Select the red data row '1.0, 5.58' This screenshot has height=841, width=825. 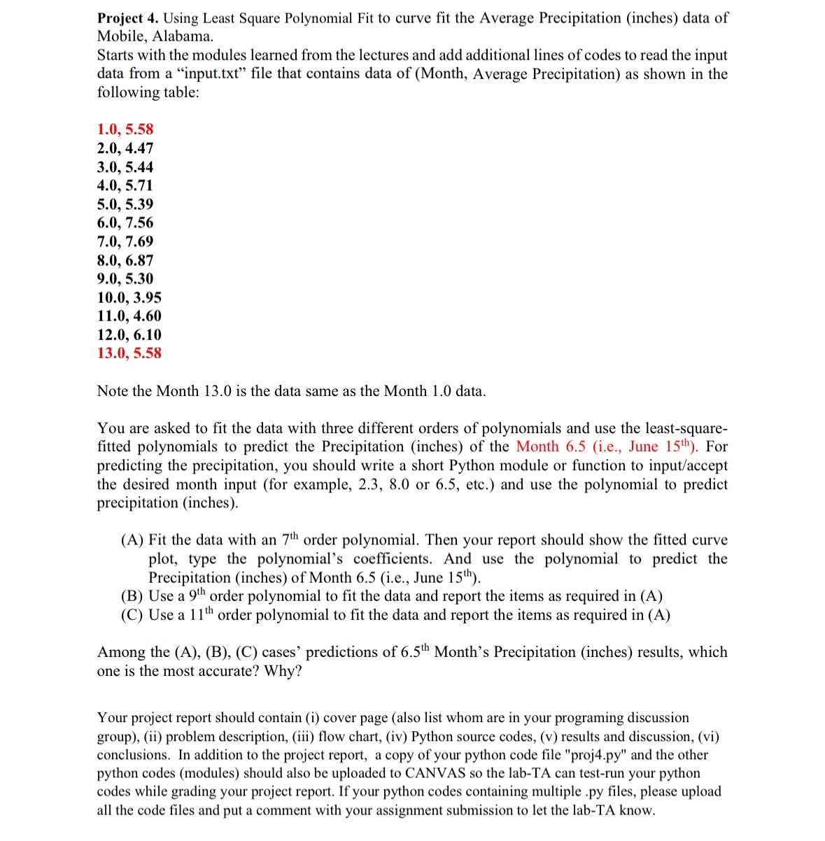[x=125, y=129]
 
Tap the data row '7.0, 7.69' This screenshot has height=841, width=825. [x=125, y=241]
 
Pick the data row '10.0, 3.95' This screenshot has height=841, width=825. [x=129, y=297]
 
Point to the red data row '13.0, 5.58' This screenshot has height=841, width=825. [x=129, y=353]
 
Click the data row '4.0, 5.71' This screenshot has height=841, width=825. [x=125, y=185]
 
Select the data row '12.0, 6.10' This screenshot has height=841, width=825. [x=129, y=334]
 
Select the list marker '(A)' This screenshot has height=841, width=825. [x=132, y=540]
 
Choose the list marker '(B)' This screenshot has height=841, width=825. [x=132, y=596]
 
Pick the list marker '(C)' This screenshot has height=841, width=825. [x=132, y=615]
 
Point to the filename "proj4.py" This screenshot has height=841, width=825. [x=579, y=755]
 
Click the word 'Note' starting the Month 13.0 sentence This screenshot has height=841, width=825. [x=113, y=391]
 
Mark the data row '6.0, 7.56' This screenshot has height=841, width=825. [x=125, y=222]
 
